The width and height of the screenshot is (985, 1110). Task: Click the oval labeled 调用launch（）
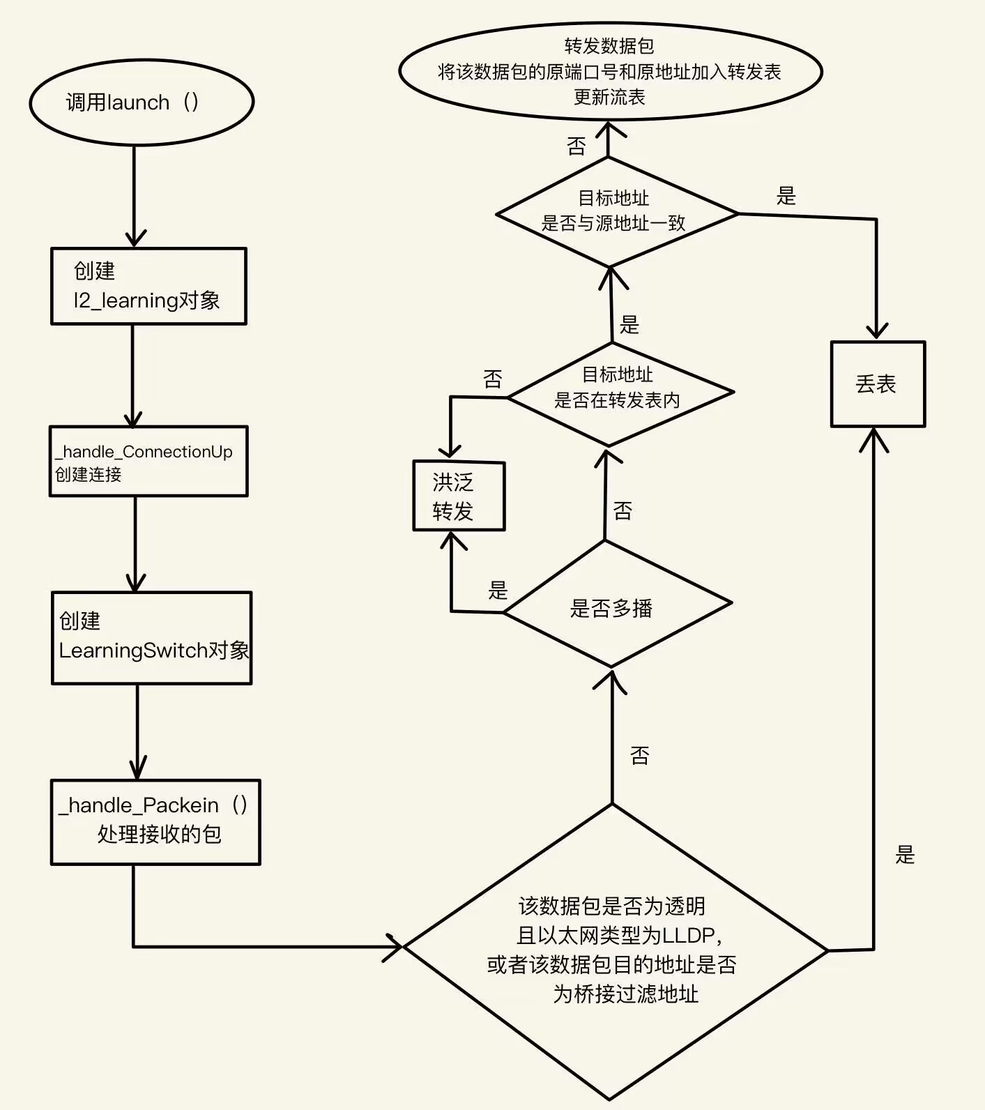(142, 102)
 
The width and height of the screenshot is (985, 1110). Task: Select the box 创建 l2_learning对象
(148, 286)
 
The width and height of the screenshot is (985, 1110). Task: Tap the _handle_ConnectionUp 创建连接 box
(148, 462)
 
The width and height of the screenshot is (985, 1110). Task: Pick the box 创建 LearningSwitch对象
(151, 637)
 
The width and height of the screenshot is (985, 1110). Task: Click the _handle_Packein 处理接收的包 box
(155, 822)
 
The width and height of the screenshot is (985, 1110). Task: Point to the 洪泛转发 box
(459, 496)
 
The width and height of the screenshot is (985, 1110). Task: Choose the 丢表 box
(878, 384)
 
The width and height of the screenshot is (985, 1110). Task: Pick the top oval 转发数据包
(610, 71)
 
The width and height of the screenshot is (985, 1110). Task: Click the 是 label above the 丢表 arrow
(786, 196)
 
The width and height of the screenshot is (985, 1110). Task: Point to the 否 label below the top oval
(577, 146)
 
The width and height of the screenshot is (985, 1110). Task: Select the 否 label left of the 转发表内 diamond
(493, 379)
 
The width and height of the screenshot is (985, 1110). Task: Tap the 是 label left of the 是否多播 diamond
(498, 591)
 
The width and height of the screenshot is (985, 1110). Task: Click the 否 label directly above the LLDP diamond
(639, 755)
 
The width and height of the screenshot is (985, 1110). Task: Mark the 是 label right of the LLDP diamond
(905, 855)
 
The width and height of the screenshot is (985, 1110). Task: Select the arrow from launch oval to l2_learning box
(135, 196)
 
